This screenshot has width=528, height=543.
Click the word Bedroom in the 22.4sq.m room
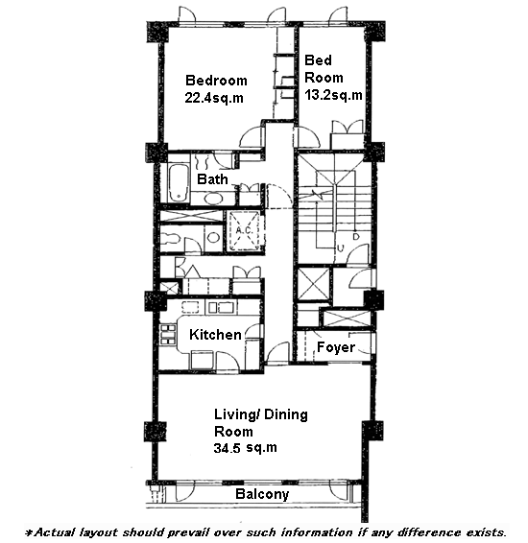click(216, 81)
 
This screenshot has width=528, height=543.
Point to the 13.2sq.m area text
click(333, 95)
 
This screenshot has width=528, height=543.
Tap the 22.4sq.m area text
click(214, 98)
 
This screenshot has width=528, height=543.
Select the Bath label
click(212, 179)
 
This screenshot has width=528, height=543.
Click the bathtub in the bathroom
click(179, 183)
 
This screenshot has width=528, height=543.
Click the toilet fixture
click(170, 238)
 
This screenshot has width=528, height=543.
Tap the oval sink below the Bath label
click(212, 199)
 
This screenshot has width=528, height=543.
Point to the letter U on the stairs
click(341, 248)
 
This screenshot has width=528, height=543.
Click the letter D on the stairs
click(356, 237)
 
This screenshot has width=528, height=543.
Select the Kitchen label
click(215, 335)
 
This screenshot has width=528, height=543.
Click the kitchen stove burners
click(168, 335)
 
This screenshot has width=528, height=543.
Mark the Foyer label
click(336, 347)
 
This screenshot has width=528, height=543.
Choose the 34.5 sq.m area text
click(246, 448)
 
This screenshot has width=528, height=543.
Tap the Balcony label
click(262, 494)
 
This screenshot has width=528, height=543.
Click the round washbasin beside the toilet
click(213, 238)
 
